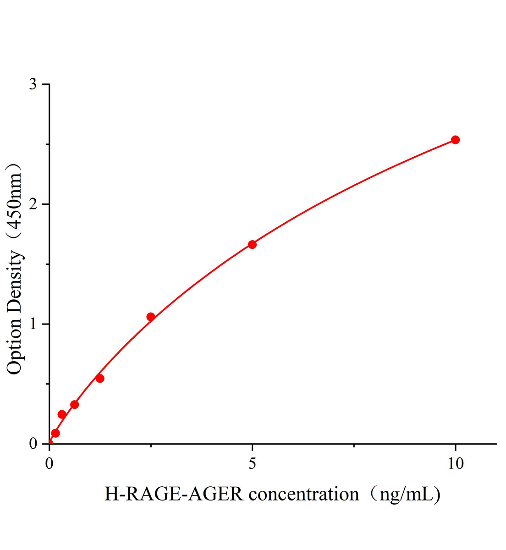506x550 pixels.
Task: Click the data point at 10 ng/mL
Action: point(455,140)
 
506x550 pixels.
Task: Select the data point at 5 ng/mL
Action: point(252,244)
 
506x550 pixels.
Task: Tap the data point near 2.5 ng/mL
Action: point(150,317)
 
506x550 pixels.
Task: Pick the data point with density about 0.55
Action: point(100,378)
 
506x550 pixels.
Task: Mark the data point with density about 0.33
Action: point(74,404)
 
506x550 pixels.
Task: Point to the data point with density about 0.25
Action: point(62,414)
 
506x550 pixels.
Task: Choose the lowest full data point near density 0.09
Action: point(55,433)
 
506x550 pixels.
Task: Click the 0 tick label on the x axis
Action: point(49,463)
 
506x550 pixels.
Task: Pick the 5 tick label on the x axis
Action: point(252,463)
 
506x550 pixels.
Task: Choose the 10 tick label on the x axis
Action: point(455,463)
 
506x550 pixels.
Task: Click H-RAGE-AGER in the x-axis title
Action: point(174,495)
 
